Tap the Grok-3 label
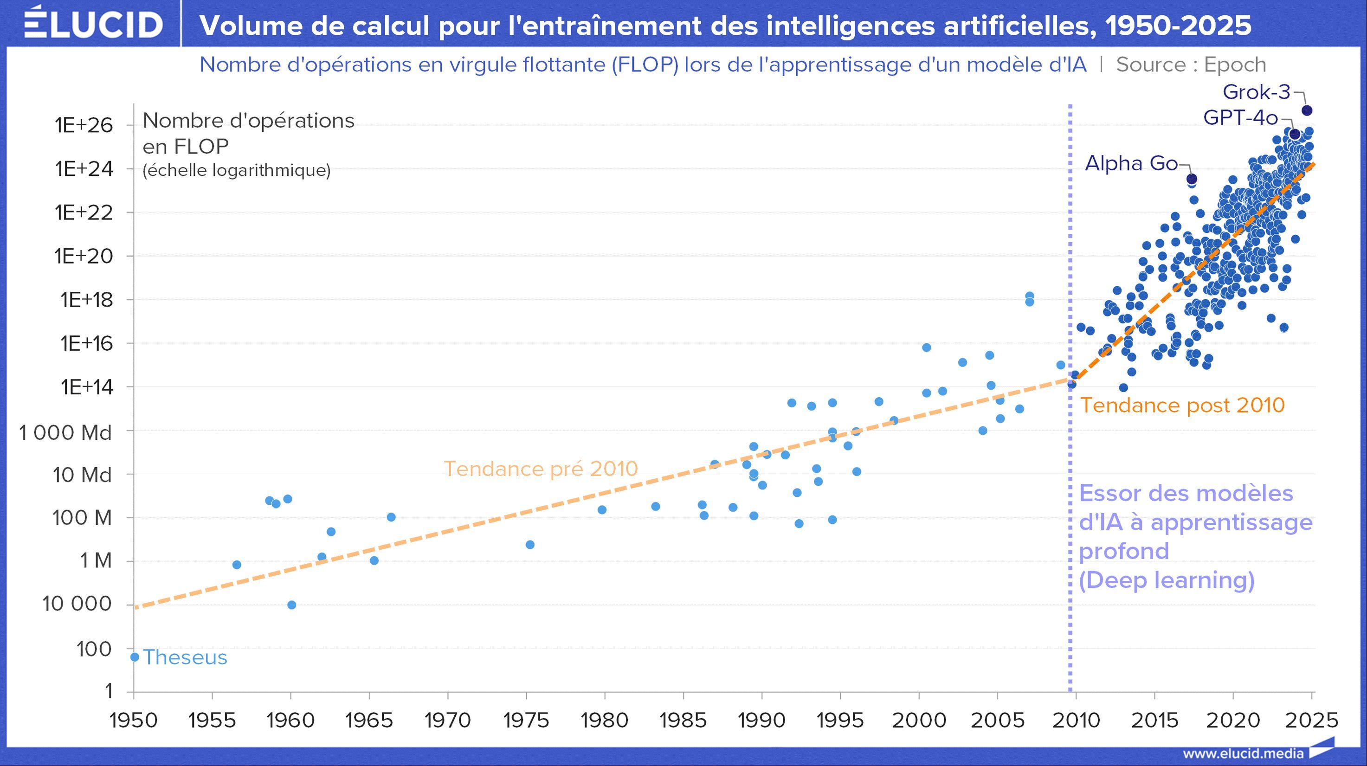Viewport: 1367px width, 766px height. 1256,92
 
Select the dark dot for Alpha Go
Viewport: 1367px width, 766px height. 1191,179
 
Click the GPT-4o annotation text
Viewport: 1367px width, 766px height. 1240,118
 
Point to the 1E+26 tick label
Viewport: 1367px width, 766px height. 84,125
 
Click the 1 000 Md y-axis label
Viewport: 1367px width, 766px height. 66,433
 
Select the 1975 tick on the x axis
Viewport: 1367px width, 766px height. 526,720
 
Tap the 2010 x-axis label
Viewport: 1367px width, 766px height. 1076,720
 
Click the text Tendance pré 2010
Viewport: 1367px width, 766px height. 540,469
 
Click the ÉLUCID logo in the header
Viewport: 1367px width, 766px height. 93,23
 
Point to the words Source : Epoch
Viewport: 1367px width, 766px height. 1191,64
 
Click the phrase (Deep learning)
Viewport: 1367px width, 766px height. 1167,580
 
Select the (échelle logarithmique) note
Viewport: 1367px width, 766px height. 236,170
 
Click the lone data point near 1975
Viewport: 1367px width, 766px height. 529,545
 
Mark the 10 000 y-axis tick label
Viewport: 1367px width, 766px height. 77,604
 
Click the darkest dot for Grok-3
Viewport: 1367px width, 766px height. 1307,110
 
